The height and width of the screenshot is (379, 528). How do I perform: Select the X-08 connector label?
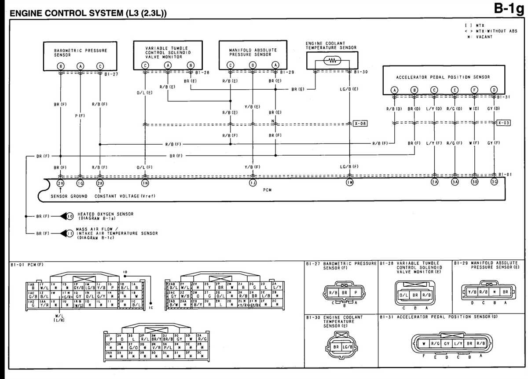tap(359, 124)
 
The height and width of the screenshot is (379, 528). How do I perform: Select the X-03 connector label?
tap(503, 123)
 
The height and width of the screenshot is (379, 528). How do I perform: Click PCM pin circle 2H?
tap(60, 182)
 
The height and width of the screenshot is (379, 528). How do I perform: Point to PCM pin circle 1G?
tap(80, 182)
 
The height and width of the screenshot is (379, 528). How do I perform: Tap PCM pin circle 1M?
tap(349, 182)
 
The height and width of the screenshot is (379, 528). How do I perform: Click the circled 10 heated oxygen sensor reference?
tap(70, 216)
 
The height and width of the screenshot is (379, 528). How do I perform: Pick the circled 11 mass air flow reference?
tap(70, 233)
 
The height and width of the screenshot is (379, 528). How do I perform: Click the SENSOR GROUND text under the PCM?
tap(69, 196)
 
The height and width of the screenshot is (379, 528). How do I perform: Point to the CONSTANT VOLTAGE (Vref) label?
tap(125, 196)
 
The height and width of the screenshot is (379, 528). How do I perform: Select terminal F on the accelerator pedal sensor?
tap(475, 90)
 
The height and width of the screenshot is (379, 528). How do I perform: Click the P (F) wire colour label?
tap(80, 116)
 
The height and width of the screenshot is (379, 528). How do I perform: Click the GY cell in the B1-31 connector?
tap(447, 343)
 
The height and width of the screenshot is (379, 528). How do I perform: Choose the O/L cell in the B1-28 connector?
tap(404, 296)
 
